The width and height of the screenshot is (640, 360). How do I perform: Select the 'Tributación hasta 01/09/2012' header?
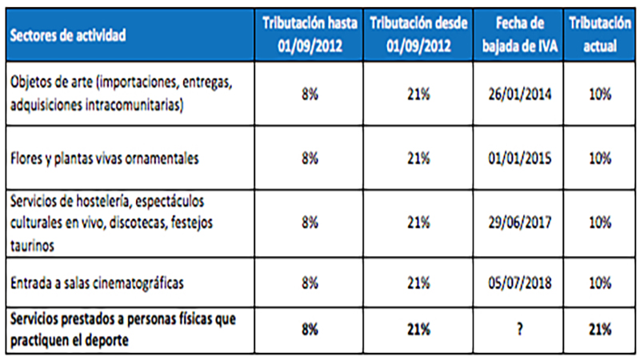(310, 34)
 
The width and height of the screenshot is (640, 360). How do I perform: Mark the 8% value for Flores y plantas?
(310, 158)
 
